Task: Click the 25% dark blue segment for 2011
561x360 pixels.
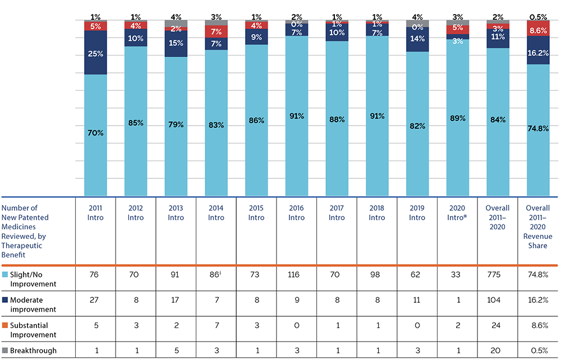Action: [x=95, y=53]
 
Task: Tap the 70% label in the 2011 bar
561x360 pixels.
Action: [x=95, y=133]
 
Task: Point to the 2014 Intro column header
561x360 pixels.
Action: [x=217, y=214]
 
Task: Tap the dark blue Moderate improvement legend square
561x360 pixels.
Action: [x=5, y=300]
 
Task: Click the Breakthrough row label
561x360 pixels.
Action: [x=34, y=350]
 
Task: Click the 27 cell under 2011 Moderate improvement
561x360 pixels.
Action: [x=95, y=300]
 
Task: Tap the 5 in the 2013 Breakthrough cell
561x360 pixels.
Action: [x=176, y=350]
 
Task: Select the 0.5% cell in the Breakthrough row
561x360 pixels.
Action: [x=538, y=350]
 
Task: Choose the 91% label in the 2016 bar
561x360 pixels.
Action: [x=297, y=116]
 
